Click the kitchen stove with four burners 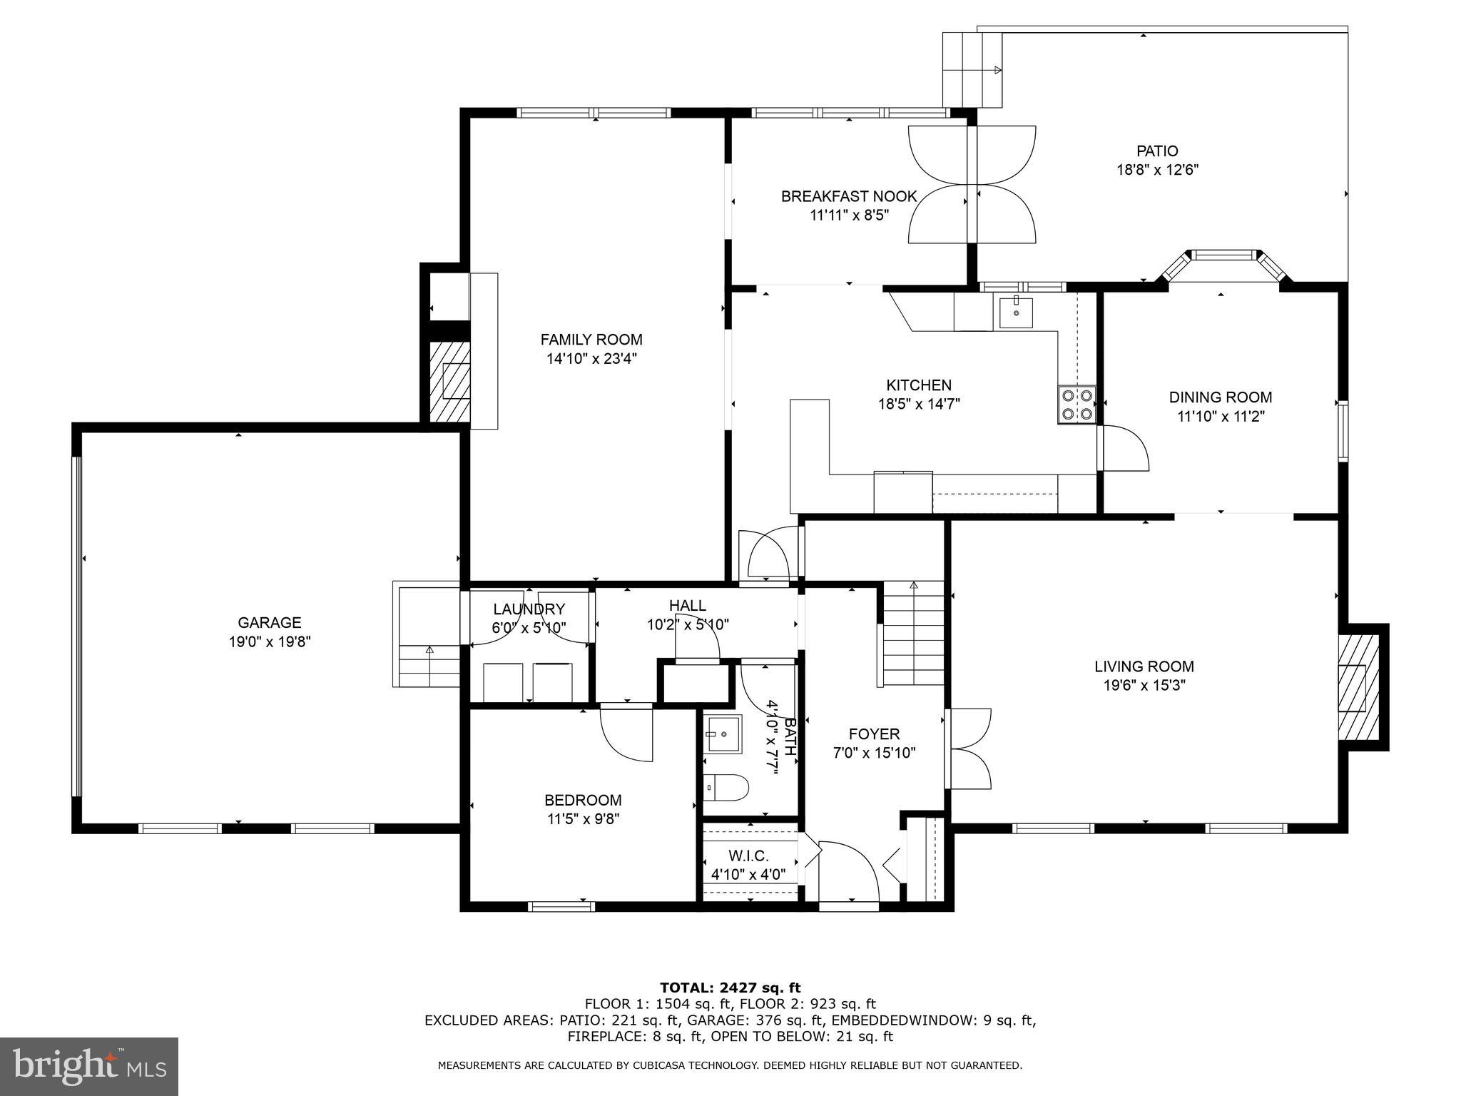coord(1076,405)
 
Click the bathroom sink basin coord(723,733)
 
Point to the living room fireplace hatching coord(1359,687)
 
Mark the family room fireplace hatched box coord(449,381)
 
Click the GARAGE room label coord(270,622)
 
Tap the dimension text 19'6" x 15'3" coord(1144,686)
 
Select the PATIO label coord(1157,151)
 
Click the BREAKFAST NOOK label coord(849,196)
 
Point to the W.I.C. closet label coord(748,856)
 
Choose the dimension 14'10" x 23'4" coord(591,359)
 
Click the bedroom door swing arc coord(626,733)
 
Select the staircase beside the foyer coord(913,634)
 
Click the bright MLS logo coord(89,1067)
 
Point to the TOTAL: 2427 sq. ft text coord(730,988)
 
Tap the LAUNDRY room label coord(529,609)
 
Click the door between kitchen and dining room coord(1123,447)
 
